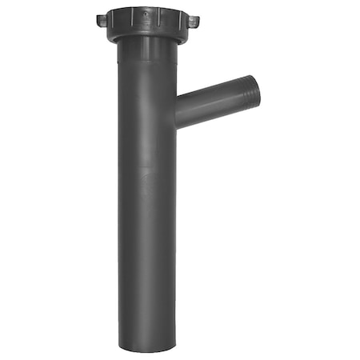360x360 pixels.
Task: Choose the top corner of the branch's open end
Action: coord(251,76)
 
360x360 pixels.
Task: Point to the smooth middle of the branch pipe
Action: coord(210,104)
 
